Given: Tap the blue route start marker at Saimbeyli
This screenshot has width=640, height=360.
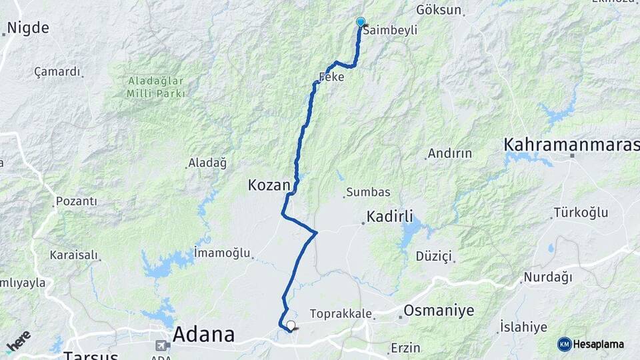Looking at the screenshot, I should tap(361, 22).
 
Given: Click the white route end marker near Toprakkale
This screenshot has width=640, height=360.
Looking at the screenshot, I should tap(291, 325).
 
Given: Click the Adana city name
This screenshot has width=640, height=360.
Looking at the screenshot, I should tap(203, 335).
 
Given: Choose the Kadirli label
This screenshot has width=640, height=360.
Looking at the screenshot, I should tap(389, 217).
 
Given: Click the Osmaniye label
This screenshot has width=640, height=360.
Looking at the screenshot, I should tap(439, 311).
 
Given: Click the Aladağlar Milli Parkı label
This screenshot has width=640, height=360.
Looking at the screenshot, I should tap(155, 87).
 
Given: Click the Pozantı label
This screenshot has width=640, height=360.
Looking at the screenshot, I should tap(77, 201).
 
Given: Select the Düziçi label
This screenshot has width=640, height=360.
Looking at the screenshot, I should tap(433, 257).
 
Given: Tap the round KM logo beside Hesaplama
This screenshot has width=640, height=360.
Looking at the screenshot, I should tap(565, 344).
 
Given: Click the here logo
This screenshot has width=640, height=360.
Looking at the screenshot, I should tap(18, 341).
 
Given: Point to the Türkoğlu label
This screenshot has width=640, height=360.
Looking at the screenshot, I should tap(581, 213).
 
